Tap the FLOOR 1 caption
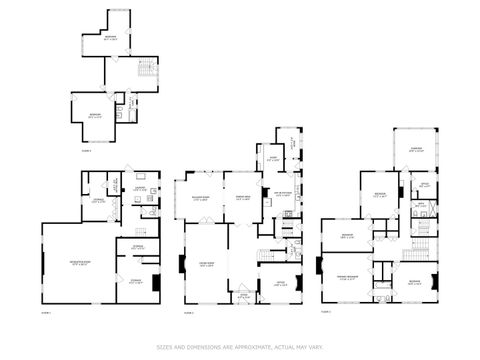[x=45, y=313]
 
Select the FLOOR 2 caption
[x=187, y=313]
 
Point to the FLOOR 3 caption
[x=325, y=313]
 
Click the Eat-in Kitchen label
[x=283, y=194]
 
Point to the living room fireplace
[x=182, y=266]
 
